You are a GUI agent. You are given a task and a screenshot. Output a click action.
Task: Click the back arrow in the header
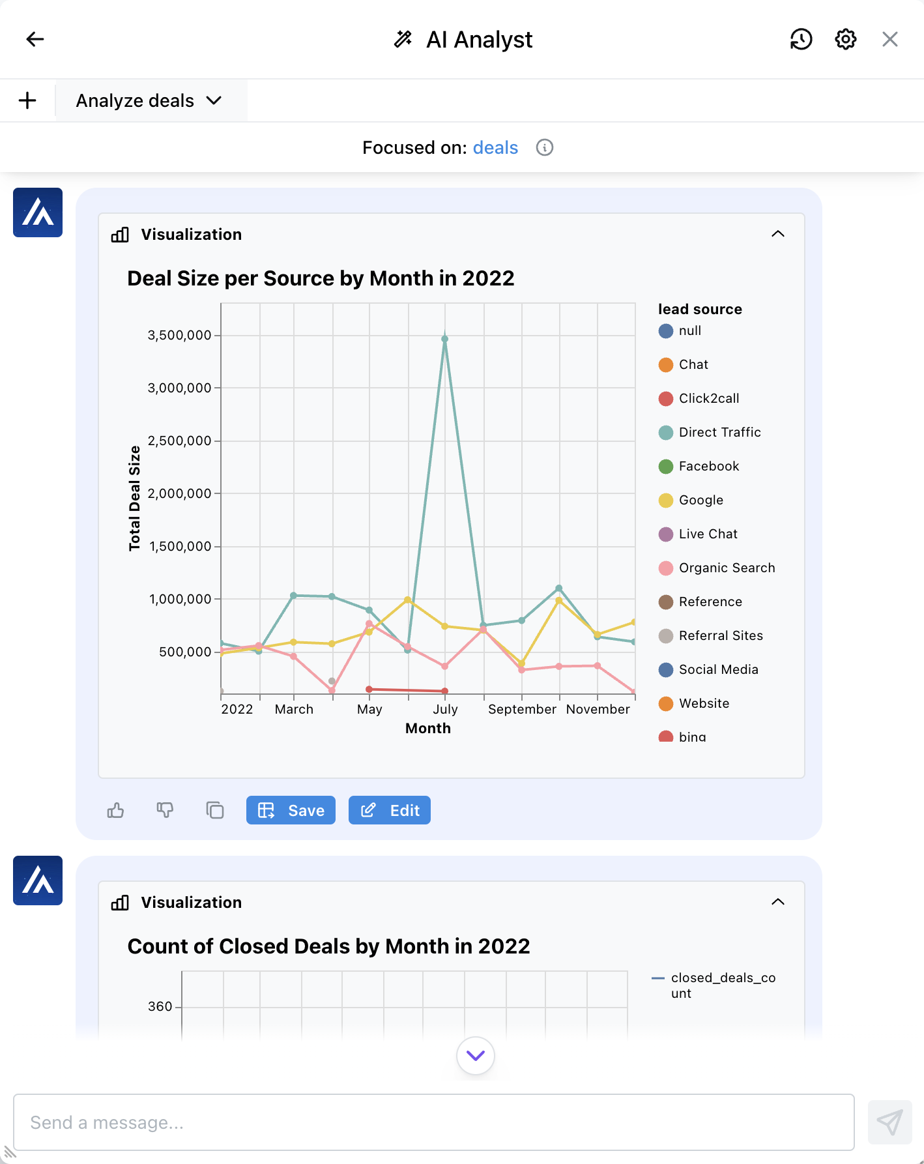pos(35,39)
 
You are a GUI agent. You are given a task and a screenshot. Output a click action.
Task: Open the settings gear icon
pos(845,39)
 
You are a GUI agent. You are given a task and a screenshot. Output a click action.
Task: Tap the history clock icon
pos(801,39)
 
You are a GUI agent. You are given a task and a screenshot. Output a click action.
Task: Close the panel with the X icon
pos(889,39)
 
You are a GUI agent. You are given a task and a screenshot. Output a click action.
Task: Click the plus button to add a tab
pos(27,100)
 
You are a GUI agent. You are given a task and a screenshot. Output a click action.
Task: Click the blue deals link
pos(495,148)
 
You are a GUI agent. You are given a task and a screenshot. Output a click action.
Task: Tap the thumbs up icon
pos(115,810)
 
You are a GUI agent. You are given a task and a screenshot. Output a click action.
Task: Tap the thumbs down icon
pos(165,810)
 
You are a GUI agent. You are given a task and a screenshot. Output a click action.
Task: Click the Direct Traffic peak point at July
pos(445,339)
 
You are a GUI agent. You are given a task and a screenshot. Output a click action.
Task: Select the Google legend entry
pos(700,500)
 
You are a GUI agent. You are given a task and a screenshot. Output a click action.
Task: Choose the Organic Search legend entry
pos(727,568)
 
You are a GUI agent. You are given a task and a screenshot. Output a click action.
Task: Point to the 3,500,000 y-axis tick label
pos(179,335)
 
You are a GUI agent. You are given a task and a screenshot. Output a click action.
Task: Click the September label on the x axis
pos(522,709)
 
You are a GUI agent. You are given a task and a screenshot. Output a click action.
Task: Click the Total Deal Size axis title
pos(135,499)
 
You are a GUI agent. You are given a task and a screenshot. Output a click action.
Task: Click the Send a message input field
pos(433,1122)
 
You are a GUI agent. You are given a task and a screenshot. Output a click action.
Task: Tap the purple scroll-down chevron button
pos(476,1055)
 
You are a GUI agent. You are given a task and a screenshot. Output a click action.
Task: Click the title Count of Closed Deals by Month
pos(328,946)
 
